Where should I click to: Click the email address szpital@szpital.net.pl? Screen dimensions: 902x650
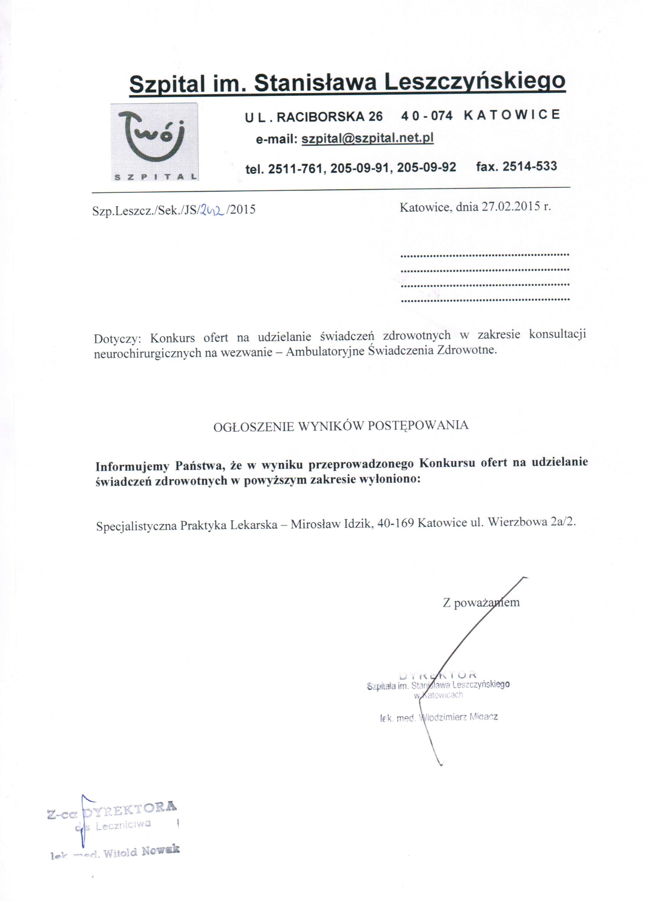367,138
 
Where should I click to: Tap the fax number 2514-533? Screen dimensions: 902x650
530,166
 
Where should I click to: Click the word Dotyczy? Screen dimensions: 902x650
117,339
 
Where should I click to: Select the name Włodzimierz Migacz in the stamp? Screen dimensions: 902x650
459,717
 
